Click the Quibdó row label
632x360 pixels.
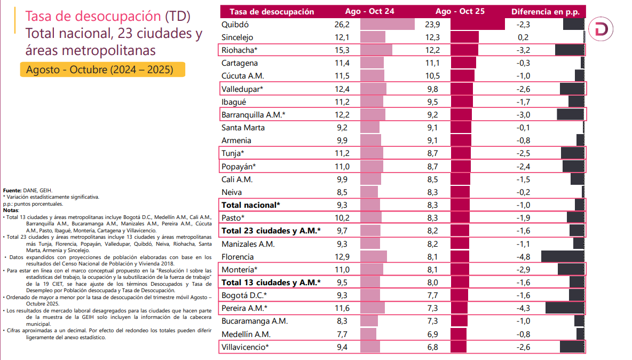point(235,25)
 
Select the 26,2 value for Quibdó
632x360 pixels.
point(342,25)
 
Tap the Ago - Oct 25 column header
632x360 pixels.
point(460,11)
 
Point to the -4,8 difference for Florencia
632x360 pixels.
point(523,256)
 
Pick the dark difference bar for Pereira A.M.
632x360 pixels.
point(565,308)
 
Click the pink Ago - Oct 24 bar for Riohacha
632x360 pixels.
point(376,50)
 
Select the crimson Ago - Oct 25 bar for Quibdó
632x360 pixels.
point(477,25)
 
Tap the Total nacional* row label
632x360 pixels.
point(250,205)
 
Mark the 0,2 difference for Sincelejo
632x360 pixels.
point(523,37)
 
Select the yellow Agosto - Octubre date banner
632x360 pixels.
point(102,70)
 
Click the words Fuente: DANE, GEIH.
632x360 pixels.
point(28,191)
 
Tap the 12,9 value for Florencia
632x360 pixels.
point(342,256)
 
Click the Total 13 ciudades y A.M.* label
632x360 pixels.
point(271,283)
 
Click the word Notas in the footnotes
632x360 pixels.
point(11,210)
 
